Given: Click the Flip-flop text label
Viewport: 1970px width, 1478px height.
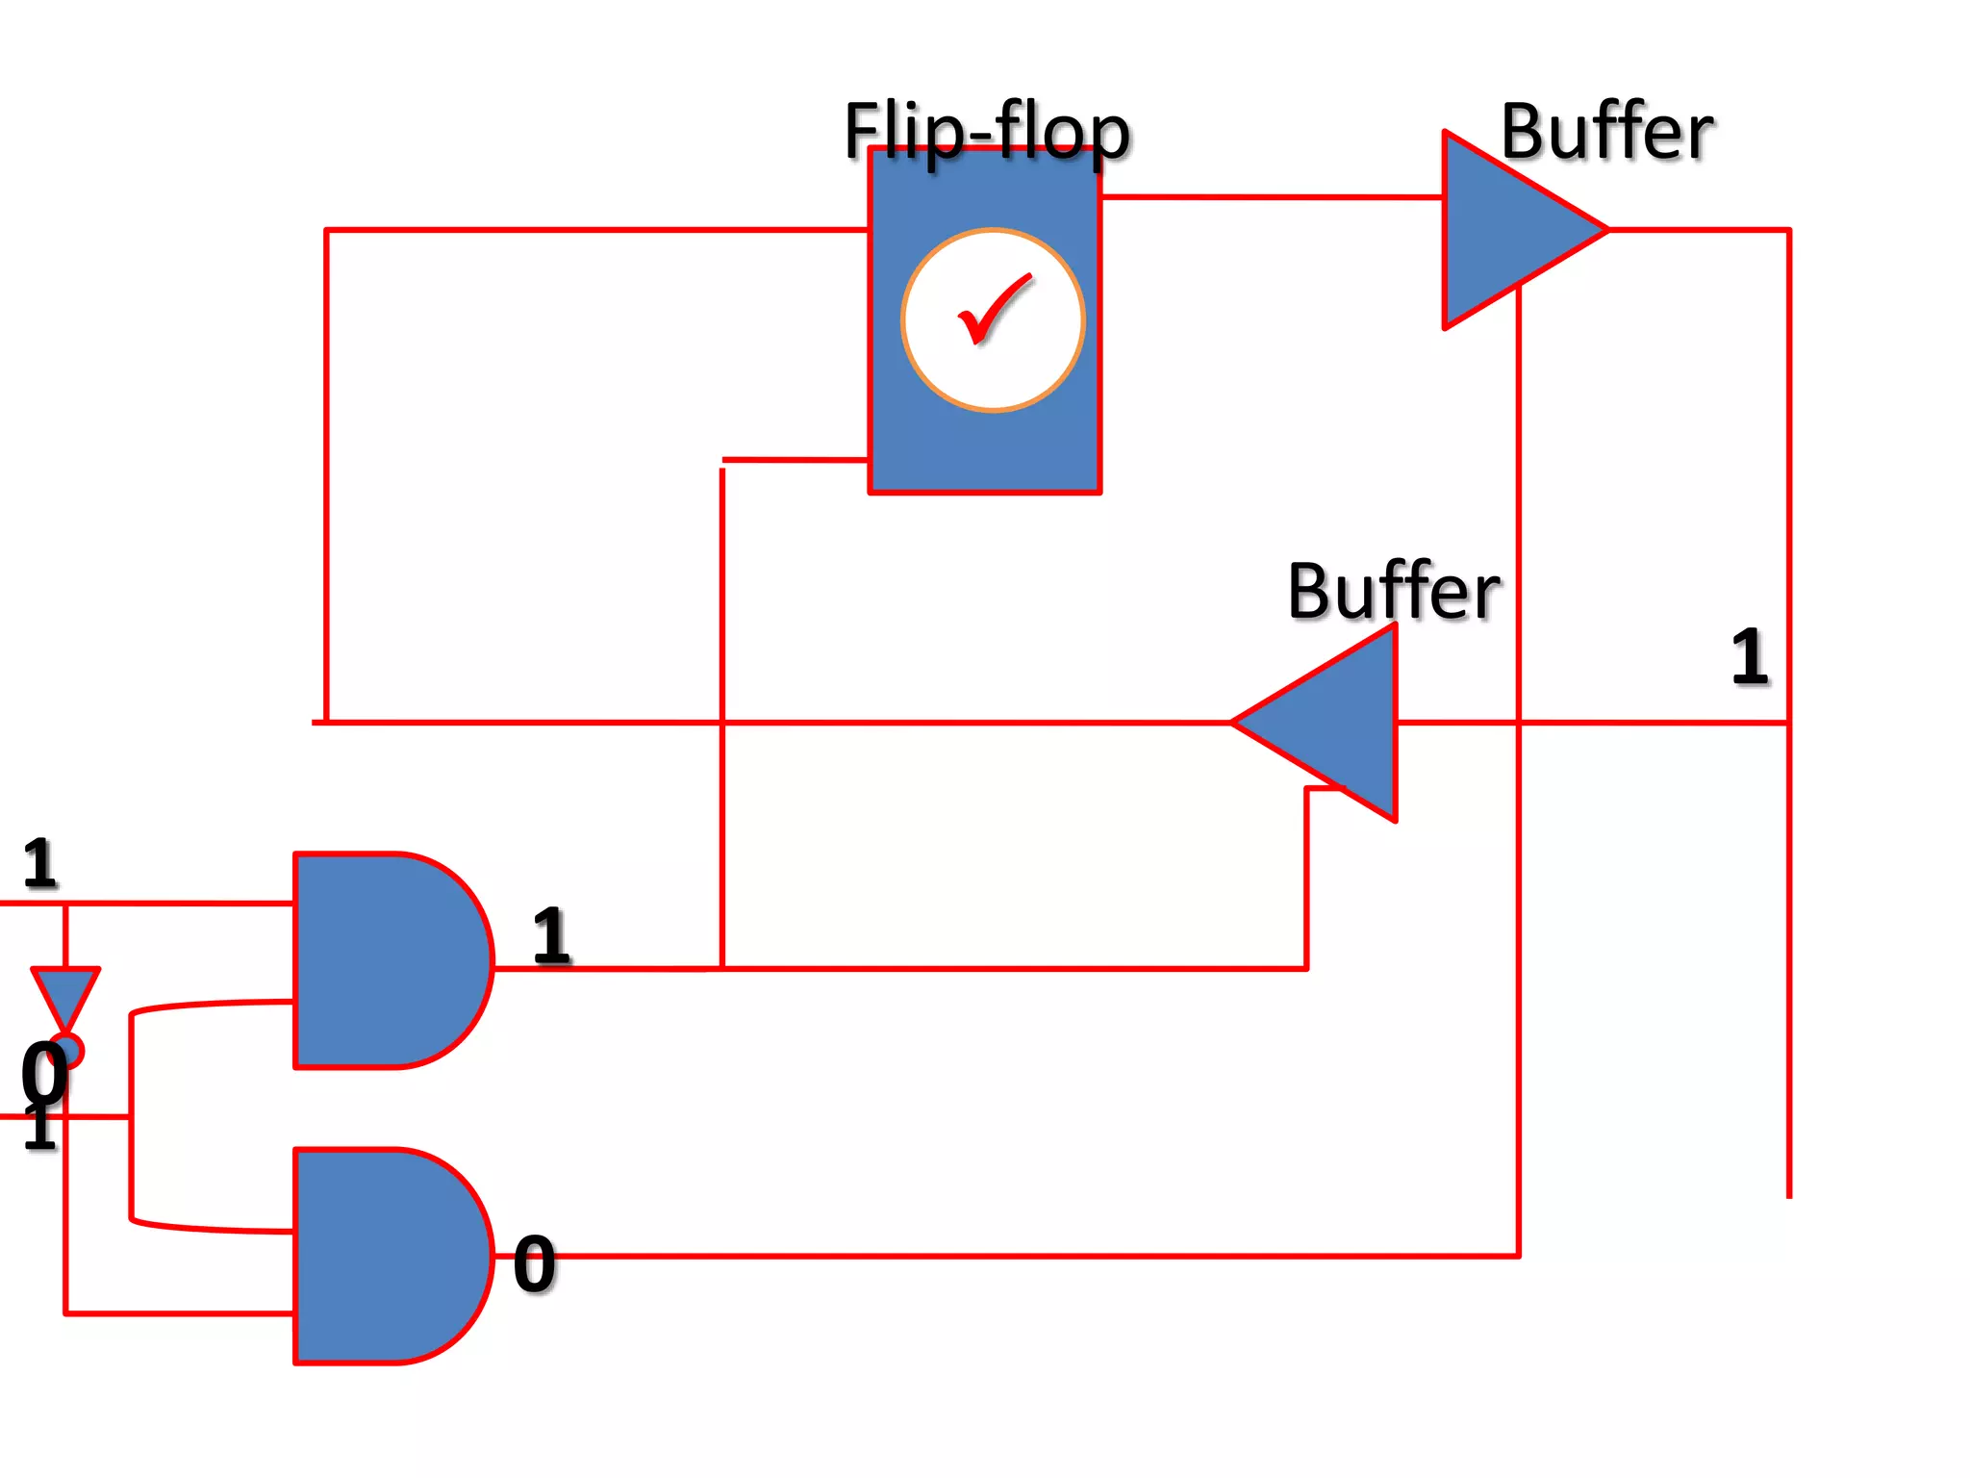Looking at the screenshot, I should [987, 132].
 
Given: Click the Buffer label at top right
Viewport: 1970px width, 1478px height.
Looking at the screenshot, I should [1606, 132].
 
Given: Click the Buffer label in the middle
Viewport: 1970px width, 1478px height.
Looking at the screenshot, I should [1393, 591].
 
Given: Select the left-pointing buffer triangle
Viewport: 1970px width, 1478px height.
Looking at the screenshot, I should [1337, 723].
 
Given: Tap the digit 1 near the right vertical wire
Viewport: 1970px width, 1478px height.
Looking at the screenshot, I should [1749, 657].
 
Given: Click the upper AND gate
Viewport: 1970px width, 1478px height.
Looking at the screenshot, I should [385, 959].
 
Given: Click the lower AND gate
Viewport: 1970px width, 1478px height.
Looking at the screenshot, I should [385, 1256].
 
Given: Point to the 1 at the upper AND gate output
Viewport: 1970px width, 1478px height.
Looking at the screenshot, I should [551, 935].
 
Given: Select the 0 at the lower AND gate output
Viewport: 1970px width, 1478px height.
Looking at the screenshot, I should [534, 1263].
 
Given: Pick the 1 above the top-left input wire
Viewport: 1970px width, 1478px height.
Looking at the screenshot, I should [40, 863].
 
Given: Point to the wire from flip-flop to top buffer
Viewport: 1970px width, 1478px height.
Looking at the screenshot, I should [1270, 197].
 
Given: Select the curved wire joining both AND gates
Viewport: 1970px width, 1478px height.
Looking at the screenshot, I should [132, 1116].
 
